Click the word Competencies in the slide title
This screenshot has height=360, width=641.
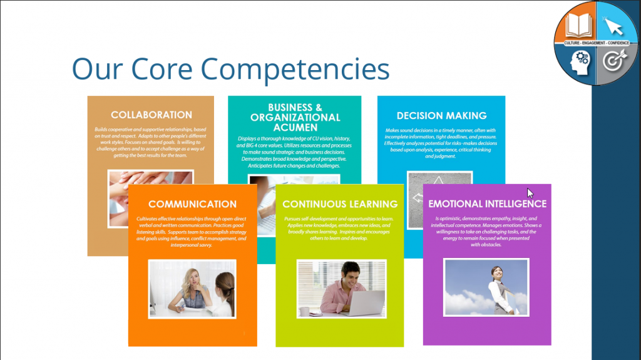pos(295,69)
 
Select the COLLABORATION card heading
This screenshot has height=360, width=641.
pos(151,115)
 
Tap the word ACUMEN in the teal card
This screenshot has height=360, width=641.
pos(295,128)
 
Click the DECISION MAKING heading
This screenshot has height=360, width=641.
pos(441,116)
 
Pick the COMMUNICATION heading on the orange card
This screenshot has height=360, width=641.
pos(192,204)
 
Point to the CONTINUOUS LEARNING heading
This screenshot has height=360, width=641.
pos(340,204)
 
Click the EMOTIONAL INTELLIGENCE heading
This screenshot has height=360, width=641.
pos(487,203)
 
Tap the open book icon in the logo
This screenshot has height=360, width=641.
pos(578,26)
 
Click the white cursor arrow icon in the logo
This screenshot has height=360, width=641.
pos(613,27)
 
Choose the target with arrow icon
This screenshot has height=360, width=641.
pos(614,60)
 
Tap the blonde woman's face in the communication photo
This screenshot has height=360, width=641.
pos(193,279)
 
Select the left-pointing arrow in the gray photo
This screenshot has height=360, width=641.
pos(418,198)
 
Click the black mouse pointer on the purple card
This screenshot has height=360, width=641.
pos(530,193)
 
